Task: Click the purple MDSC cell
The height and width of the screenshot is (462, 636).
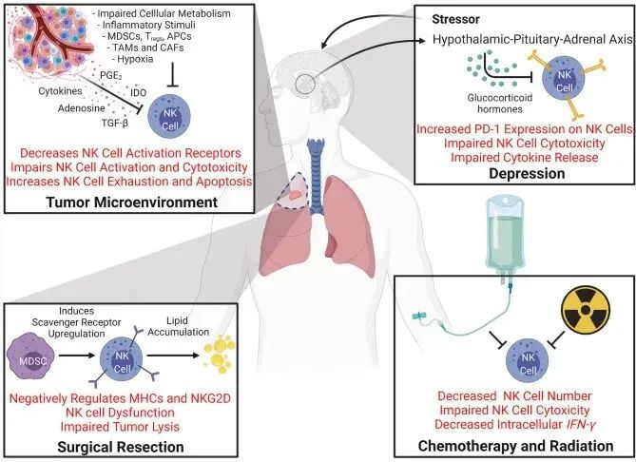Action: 38,358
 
